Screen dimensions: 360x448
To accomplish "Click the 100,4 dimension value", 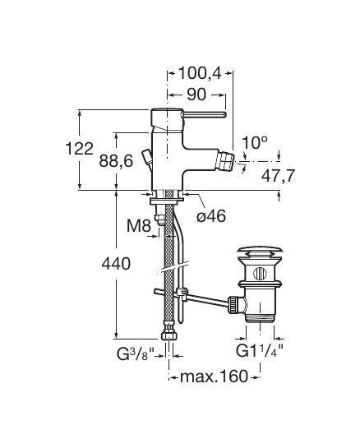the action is click(x=200, y=73).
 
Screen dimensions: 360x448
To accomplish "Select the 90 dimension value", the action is click(x=196, y=95).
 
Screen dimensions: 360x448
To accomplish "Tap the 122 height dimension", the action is click(x=80, y=149).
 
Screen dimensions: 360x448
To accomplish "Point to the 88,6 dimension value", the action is click(x=116, y=161).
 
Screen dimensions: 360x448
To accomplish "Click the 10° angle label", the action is click(x=255, y=142).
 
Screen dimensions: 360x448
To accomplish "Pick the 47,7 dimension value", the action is click(x=278, y=176).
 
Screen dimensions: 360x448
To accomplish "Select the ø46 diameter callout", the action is click(x=211, y=216).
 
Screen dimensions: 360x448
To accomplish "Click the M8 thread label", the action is click(x=139, y=226).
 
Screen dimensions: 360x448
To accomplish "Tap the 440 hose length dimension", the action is click(x=116, y=263).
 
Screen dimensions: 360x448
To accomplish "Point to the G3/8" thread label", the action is click(x=136, y=354).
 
